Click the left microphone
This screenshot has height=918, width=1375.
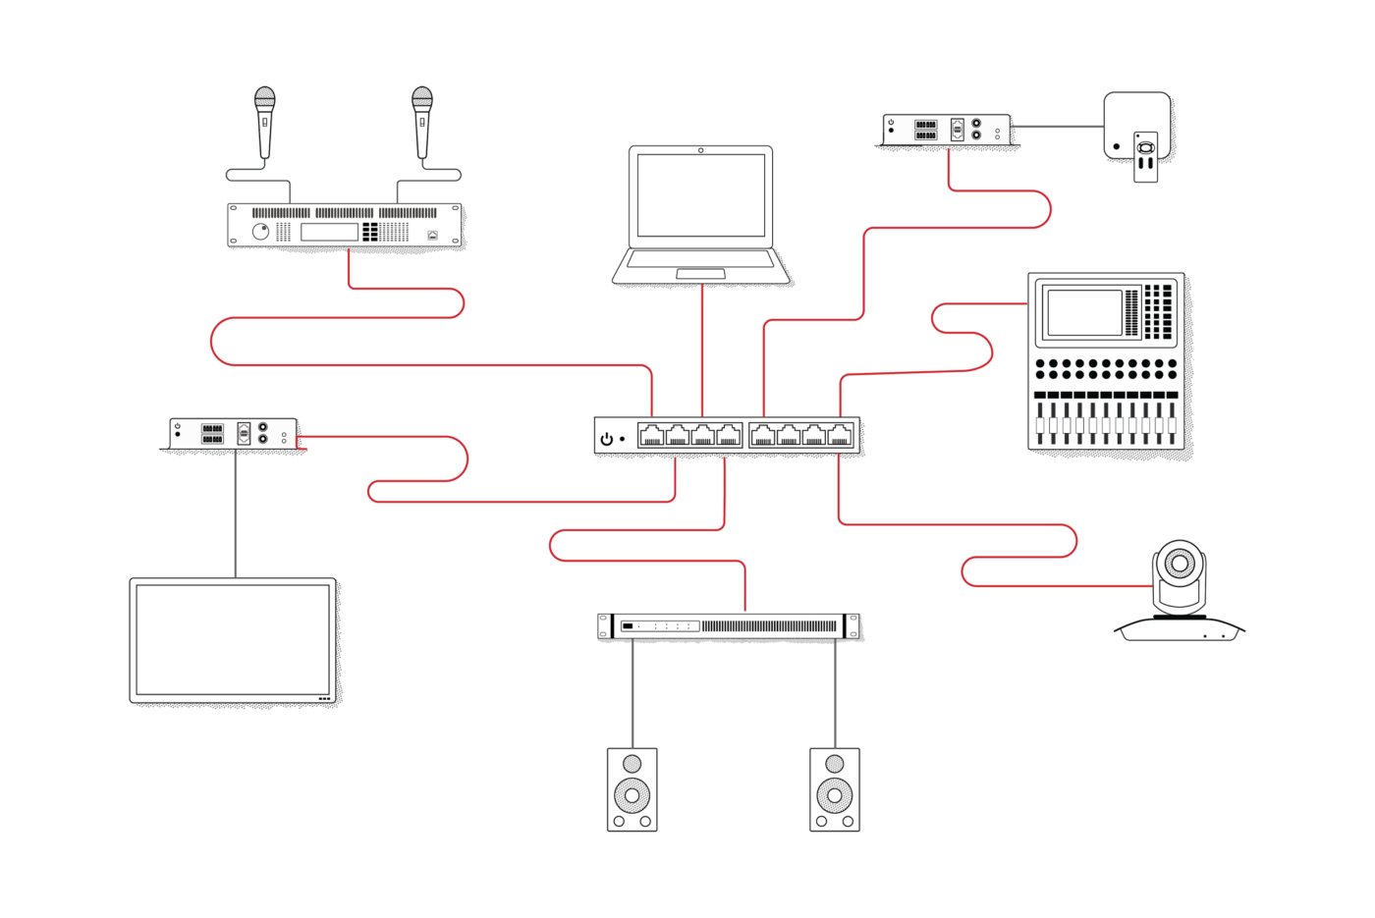[x=264, y=120]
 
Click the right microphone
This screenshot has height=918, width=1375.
[x=422, y=120]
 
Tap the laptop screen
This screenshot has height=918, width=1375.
[x=700, y=194]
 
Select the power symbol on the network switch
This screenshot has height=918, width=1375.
[x=607, y=439]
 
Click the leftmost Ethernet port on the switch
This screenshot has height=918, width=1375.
[x=651, y=435]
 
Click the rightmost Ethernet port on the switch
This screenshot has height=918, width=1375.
[x=841, y=435]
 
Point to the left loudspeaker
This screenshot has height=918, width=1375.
[x=632, y=789]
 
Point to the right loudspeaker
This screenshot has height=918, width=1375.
[x=835, y=789]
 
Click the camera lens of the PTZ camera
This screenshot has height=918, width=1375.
[x=1179, y=564]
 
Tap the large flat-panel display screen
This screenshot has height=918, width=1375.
[x=234, y=640]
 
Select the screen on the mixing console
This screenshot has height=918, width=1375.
[x=1084, y=312]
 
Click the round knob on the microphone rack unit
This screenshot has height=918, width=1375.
[x=260, y=232]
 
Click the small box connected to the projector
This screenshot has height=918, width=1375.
[x=947, y=130]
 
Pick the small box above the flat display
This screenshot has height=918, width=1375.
[x=234, y=433]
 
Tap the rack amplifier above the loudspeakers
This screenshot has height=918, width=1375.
[x=729, y=625]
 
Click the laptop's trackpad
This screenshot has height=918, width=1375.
[x=700, y=273]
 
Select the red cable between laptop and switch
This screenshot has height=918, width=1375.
[x=702, y=353]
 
